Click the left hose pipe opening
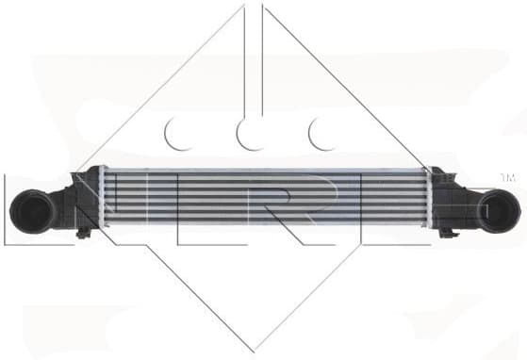coord(26,210)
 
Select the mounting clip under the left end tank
coord(86,230)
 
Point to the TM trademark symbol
coord(506,177)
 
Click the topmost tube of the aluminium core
coord(264,172)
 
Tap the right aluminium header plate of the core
coord(426,200)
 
